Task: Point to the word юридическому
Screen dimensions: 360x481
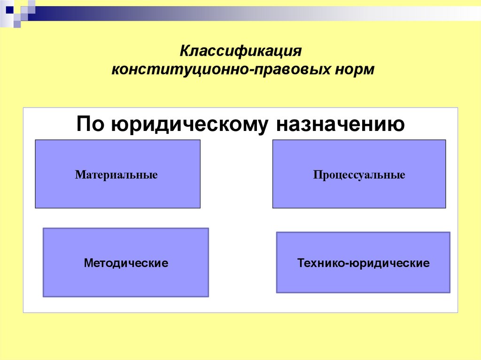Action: (191, 125)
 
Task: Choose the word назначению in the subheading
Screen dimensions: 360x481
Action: (340, 125)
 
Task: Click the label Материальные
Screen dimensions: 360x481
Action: (116, 176)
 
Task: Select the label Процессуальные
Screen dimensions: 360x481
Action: (359, 176)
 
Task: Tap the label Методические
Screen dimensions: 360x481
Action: (126, 262)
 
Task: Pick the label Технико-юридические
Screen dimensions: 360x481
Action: (363, 263)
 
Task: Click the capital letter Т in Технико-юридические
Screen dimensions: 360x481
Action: (301, 263)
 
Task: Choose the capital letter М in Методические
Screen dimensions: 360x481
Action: (88, 262)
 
